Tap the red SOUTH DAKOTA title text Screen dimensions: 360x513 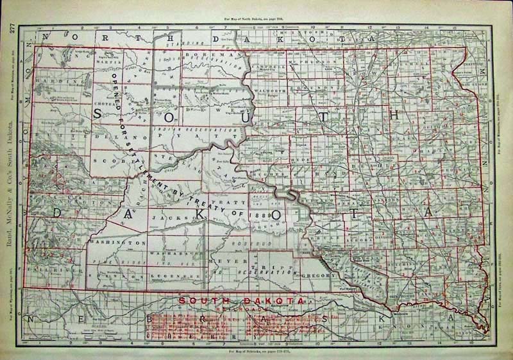pyautogui.click(x=242, y=300)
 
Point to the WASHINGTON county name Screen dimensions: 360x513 pyautogui.click(x=116, y=244)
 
